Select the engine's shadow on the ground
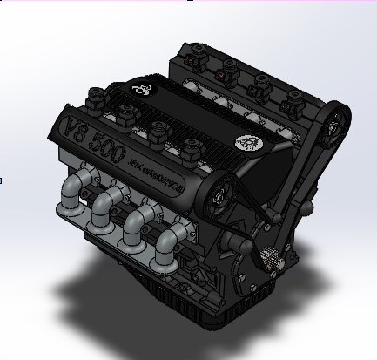pyautogui.click(x=96, y=288)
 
